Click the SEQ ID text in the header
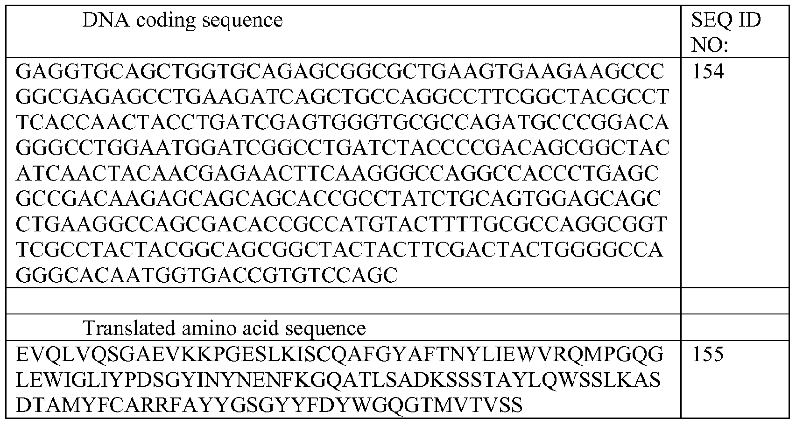tap(726, 20)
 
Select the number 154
tap(708, 72)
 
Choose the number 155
tap(708, 354)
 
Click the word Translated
tap(129, 327)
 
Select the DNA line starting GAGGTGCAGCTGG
tap(340, 72)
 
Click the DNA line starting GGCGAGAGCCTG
tap(343, 98)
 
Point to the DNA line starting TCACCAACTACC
tap(343, 123)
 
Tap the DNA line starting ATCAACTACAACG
tap(337, 174)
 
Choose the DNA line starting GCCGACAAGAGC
tap(338, 199)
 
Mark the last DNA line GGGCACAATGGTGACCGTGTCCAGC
tap(206, 275)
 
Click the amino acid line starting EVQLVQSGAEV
tap(339, 355)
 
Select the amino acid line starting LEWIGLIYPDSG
tap(338, 380)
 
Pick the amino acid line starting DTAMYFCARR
tap(269, 405)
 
